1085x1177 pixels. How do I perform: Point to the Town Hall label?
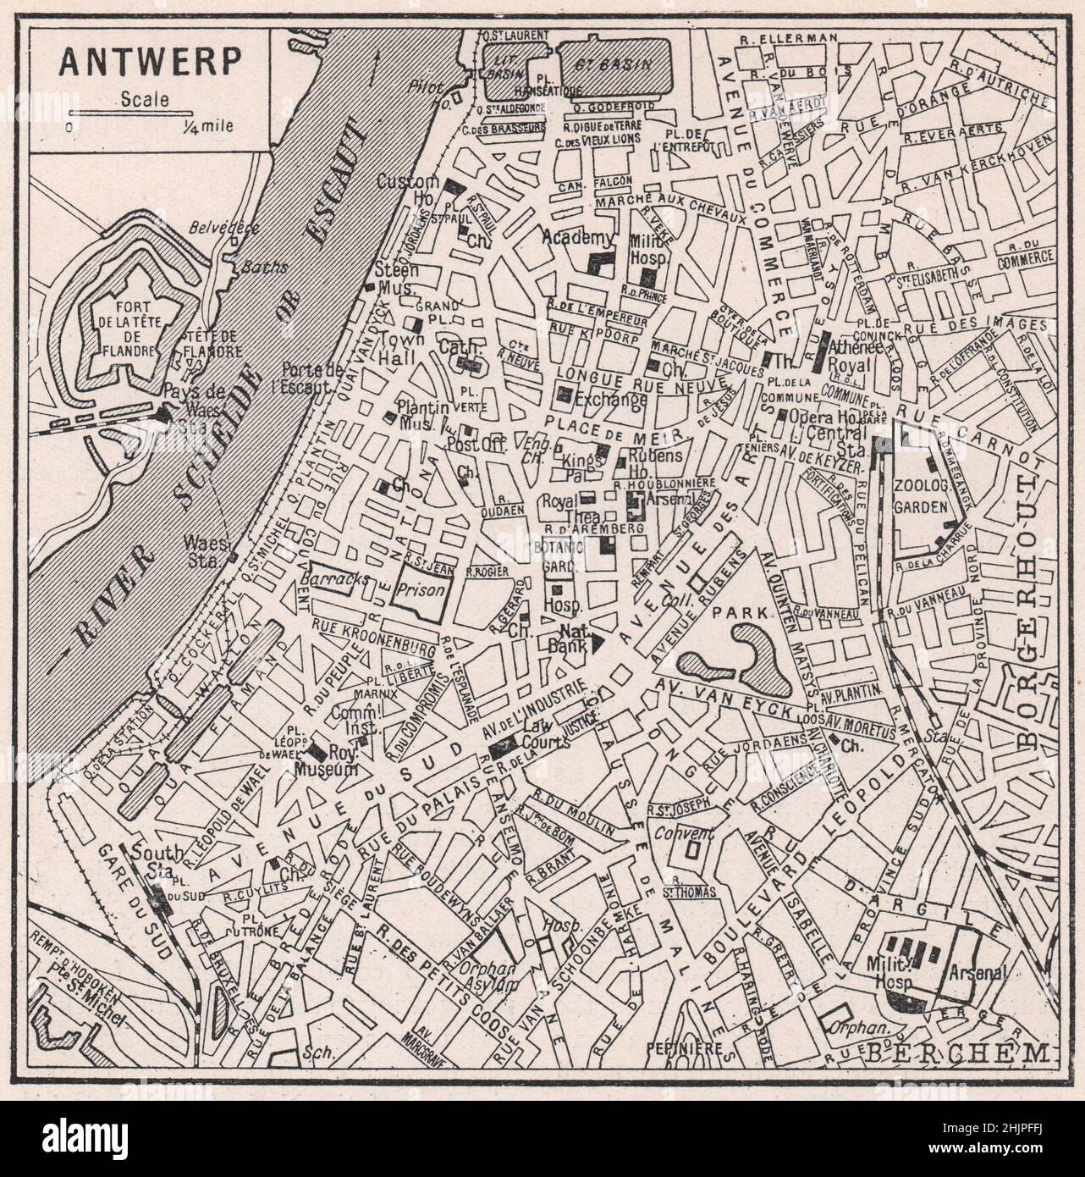394,346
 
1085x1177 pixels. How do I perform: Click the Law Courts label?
538,731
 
